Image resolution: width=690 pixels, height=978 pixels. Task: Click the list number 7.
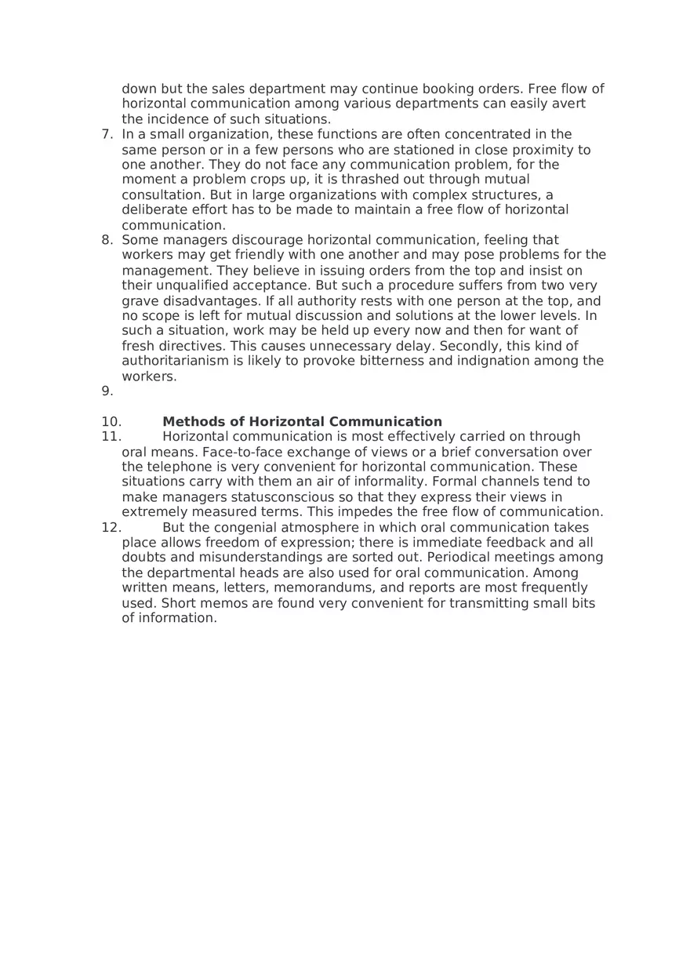tap(107, 134)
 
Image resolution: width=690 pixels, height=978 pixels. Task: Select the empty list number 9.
tap(107, 391)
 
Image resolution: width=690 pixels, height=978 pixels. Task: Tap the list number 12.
tap(111, 528)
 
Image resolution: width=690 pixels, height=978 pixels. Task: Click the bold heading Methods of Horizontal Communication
tap(302, 422)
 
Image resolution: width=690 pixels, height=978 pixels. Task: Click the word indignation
tap(489, 362)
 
